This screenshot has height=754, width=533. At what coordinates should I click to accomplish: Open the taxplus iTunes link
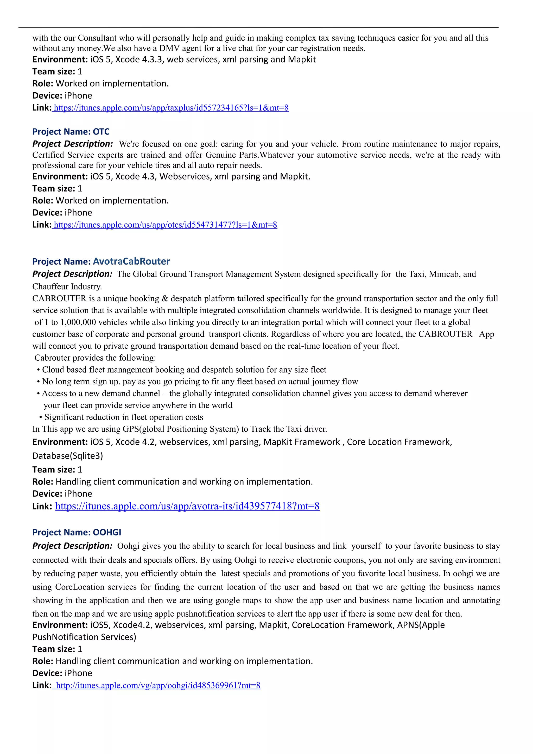tap(171, 108)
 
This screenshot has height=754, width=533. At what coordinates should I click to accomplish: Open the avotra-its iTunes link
tap(187, 506)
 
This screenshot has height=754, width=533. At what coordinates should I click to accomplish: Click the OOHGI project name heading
tap(77, 532)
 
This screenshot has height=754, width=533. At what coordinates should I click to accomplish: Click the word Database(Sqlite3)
tap(68, 456)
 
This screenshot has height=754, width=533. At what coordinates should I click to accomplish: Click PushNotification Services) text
tap(84, 637)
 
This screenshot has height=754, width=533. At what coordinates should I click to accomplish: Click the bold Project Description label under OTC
tap(73, 144)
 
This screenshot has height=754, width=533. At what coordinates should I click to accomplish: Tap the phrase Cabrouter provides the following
tap(95, 358)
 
